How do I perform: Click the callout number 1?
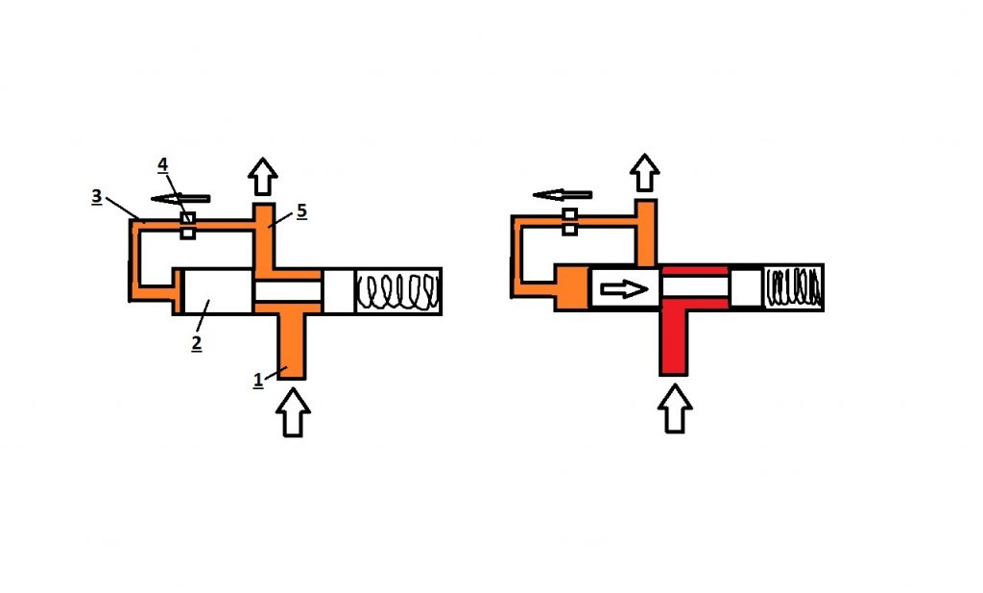257,381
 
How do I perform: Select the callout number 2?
196,343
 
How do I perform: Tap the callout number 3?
96,196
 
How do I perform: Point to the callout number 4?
162,165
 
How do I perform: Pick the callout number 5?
301,210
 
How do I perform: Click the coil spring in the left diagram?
398,291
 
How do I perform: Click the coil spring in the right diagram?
794,287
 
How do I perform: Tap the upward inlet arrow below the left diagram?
293,412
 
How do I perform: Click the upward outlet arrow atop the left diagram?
263,176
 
